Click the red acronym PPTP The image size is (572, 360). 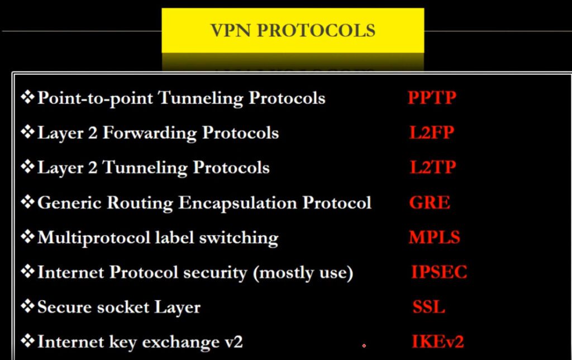432,97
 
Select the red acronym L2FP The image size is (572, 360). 432,132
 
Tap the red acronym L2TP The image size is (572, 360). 433,167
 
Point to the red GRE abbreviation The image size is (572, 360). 430,202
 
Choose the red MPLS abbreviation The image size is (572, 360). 435,238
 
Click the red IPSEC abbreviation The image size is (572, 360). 439,272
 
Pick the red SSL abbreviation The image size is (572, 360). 428,307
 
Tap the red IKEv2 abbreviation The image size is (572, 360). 438,342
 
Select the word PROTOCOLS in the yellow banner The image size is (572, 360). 316,30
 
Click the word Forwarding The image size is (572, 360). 150,133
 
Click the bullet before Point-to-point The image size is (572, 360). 28,97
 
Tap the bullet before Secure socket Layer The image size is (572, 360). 28,306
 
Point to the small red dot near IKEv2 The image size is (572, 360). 364,345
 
